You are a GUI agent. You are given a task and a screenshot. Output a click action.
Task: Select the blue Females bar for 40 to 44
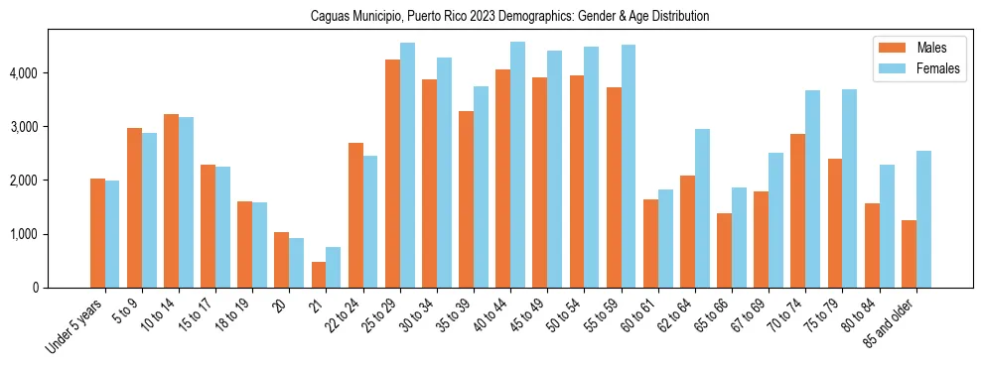[517, 165]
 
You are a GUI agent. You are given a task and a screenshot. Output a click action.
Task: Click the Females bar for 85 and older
[923, 219]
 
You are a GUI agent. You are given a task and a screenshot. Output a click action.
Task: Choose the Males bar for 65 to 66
[724, 250]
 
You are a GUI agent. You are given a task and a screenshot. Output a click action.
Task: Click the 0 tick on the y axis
[37, 288]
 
